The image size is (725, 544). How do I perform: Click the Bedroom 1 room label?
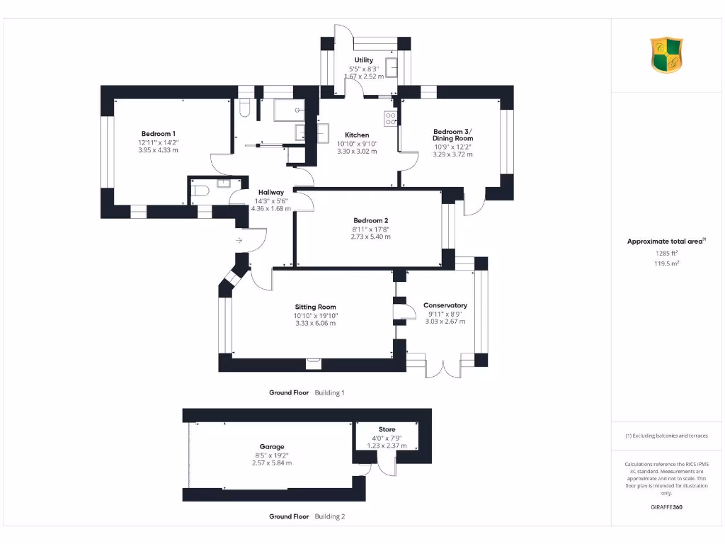click(x=158, y=134)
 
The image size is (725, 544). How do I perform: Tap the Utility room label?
click(x=363, y=60)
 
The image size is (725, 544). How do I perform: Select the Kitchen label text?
click(x=357, y=135)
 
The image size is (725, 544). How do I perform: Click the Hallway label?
click(x=271, y=192)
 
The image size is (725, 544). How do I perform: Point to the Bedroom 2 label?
click(x=370, y=220)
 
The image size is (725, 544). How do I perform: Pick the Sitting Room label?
click(x=316, y=307)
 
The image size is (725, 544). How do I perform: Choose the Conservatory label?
click(x=445, y=305)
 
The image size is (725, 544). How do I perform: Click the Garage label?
click(x=272, y=446)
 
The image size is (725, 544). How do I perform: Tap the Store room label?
click(x=387, y=429)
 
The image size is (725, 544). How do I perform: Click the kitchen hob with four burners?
click(x=391, y=118)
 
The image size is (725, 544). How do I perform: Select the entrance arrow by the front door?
click(x=239, y=242)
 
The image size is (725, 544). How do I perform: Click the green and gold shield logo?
click(x=666, y=55)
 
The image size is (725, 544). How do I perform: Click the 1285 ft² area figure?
click(x=666, y=252)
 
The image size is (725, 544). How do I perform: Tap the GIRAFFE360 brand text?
click(x=666, y=507)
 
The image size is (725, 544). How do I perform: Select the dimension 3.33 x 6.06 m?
click(x=316, y=323)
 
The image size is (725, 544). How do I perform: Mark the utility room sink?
click(x=391, y=69)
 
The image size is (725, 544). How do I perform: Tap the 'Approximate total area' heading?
click(x=665, y=242)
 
